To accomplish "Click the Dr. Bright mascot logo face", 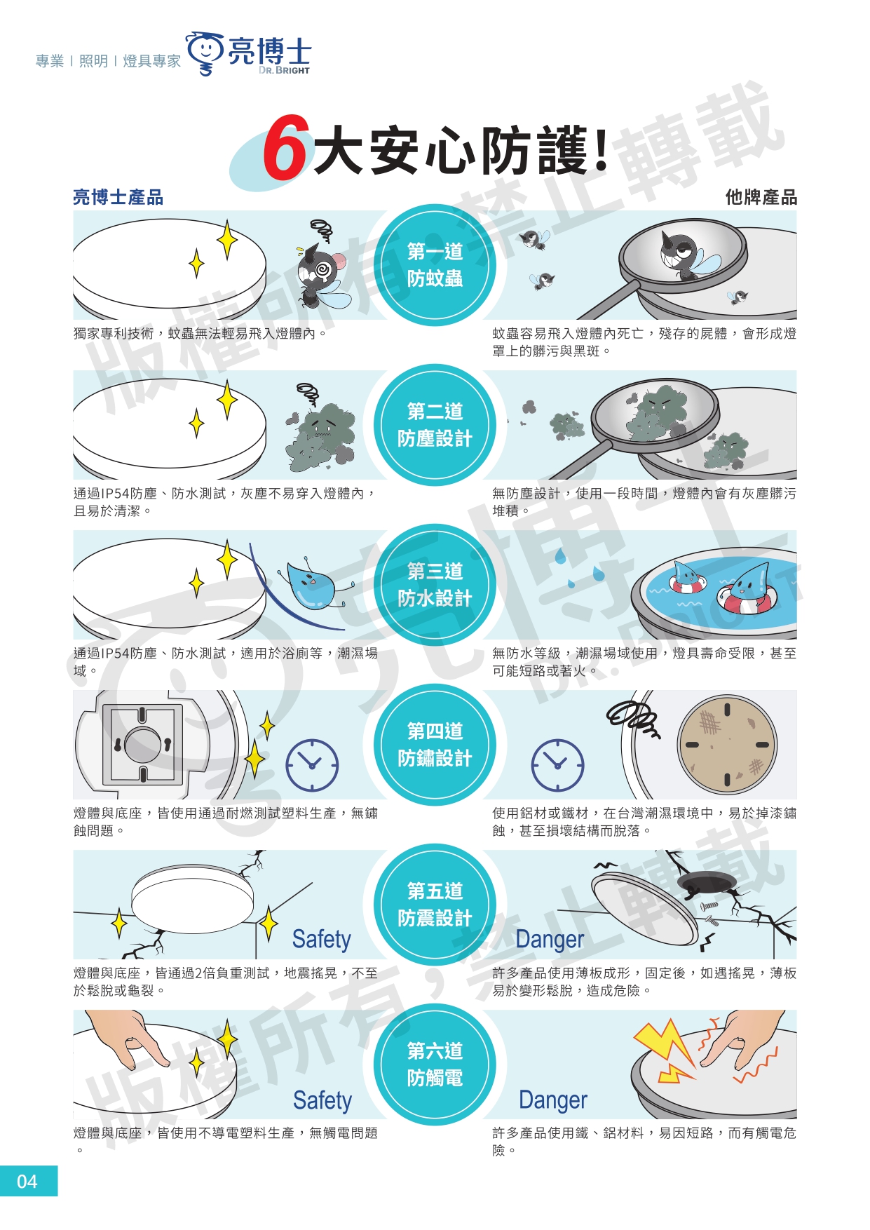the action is coord(205,50).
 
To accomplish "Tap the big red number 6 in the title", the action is coord(286,147).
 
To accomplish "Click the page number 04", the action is coord(27,1182).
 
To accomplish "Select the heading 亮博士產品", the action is coord(118,197).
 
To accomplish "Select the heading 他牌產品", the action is coord(761,197).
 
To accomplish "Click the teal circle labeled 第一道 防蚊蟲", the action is coord(435,265).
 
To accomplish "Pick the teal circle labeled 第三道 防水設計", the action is coord(435,585).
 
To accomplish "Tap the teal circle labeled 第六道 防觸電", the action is coord(435,1065).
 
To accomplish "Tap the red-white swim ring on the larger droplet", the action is coord(747,598).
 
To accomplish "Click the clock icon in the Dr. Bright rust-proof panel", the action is coord(312,765).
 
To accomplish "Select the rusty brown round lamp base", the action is coord(727,744).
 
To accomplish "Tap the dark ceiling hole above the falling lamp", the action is coord(707,883).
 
